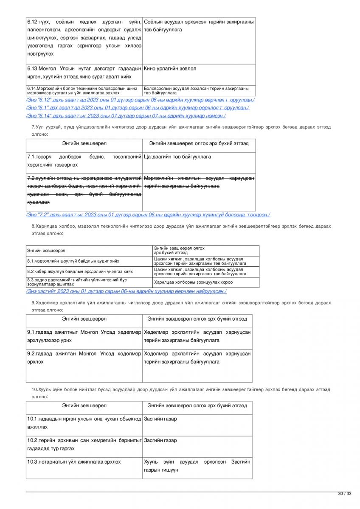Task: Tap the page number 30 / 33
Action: (x=345, y=493)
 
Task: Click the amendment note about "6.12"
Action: (x=141, y=100)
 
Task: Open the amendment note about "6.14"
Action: (x=126, y=115)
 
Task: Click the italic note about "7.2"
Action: (x=148, y=215)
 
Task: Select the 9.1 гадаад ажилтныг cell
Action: (x=84, y=336)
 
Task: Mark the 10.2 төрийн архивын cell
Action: (x=84, y=444)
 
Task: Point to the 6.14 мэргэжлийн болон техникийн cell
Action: (x=84, y=90)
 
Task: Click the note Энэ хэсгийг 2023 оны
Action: (x=126, y=291)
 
